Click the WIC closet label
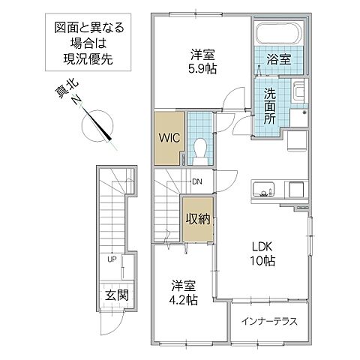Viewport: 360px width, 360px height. [x=168, y=138]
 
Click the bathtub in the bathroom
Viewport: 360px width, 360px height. [x=279, y=32]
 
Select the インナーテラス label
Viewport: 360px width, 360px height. [x=269, y=321]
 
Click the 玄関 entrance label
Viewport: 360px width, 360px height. [x=116, y=295]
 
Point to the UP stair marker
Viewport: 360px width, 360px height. [x=112, y=259]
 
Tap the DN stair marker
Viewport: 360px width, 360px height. [x=196, y=181]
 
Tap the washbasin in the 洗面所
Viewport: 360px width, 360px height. [x=298, y=94]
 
